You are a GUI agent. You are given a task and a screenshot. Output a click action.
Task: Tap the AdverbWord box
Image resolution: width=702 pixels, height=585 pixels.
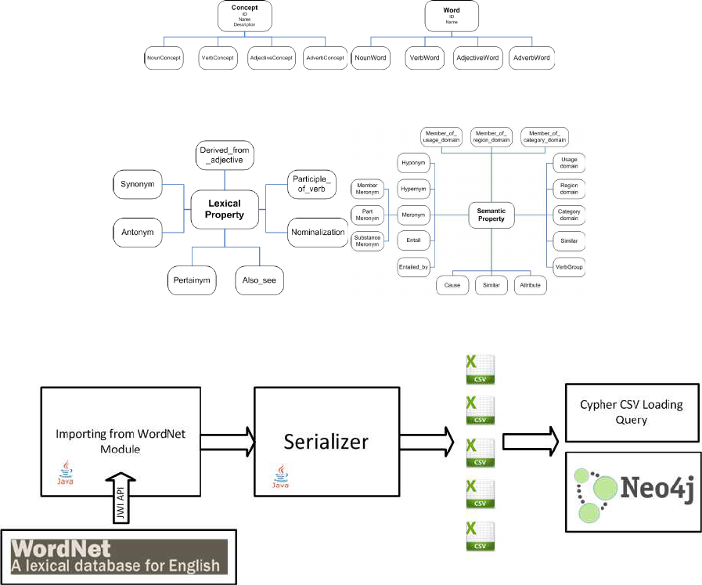click(532, 58)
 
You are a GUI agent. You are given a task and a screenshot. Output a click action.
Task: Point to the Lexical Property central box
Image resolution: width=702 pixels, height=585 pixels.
click(220, 210)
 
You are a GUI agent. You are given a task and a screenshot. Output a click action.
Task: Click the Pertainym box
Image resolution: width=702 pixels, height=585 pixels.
click(192, 280)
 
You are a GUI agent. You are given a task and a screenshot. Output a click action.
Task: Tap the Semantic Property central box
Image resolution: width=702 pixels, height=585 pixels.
click(491, 215)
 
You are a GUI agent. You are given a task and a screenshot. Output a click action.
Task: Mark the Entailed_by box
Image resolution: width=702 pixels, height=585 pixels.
click(413, 268)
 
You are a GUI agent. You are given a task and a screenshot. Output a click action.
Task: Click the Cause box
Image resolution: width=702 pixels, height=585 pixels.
click(452, 286)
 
